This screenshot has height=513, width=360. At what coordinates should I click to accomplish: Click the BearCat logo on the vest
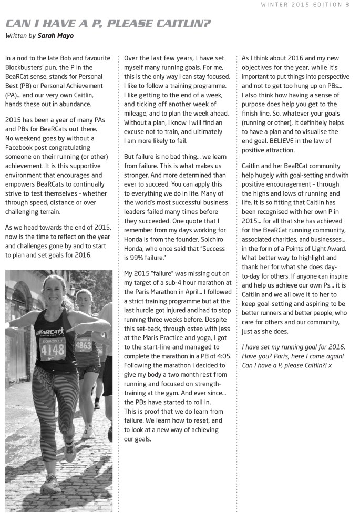tap(50, 332)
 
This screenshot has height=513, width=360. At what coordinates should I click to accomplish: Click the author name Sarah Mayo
tap(56, 36)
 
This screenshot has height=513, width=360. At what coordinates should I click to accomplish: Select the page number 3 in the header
tap(347, 5)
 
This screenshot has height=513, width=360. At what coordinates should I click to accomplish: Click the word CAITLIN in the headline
tap(181, 24)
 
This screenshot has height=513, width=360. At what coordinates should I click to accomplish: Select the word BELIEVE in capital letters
tap(285, 141)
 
